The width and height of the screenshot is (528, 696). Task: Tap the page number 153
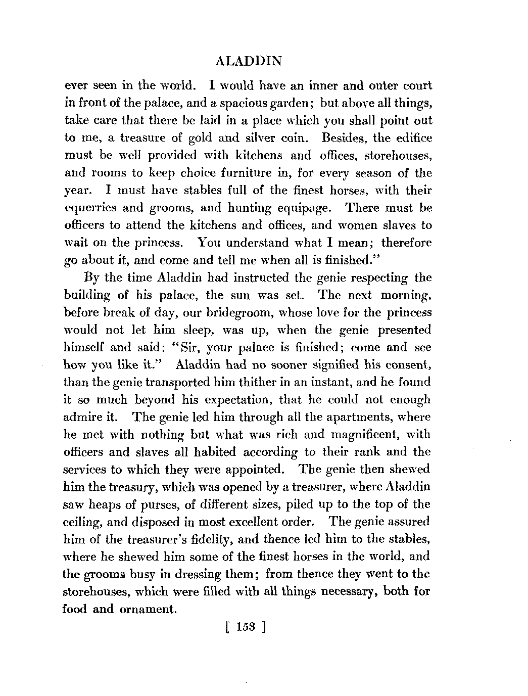[246, 628]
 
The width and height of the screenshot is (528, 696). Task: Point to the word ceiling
[83, 522]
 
